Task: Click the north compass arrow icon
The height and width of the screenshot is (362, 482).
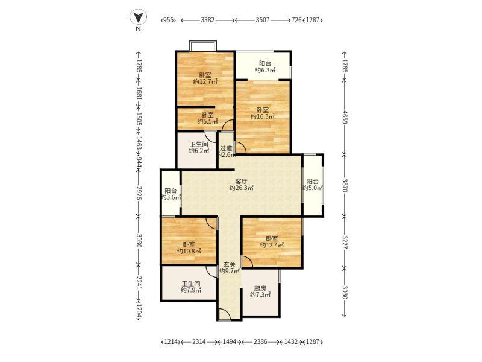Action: (x=138, y=17)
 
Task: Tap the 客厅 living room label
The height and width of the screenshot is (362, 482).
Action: (x=242, y=182)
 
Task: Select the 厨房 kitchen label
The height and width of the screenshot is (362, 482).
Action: (x=260, y=288)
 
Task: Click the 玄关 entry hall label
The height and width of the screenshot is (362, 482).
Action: (x=230, y=264)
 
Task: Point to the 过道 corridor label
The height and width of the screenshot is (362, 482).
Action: (x=226, y=148)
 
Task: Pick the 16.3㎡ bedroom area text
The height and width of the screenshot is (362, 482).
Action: (x=263, y=116)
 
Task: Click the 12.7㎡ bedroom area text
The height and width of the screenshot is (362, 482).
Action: (x=205, y=81)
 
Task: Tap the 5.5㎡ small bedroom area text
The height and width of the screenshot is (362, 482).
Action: (x=207, y=122)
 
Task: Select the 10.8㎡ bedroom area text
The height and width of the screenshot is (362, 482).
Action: (x=189, y=251)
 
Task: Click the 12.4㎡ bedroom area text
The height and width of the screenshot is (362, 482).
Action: (x=272, y=245)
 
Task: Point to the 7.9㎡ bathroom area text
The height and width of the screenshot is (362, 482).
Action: (x=191, y=290)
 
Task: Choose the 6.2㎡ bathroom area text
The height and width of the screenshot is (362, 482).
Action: (x=199, y=150)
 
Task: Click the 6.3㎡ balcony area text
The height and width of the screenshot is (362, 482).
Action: (x=265, y=70)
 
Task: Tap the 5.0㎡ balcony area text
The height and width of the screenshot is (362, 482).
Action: (x=312, y=188)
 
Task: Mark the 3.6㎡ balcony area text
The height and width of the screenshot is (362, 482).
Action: (x=171, y=197)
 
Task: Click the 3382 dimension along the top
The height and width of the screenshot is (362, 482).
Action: (x=207, y=20)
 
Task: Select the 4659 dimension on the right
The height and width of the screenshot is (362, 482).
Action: (x=345, y=117)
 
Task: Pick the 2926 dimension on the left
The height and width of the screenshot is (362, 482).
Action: (x=139, y=193)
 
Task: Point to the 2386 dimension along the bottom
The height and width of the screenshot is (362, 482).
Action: (x=260, y=341)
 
